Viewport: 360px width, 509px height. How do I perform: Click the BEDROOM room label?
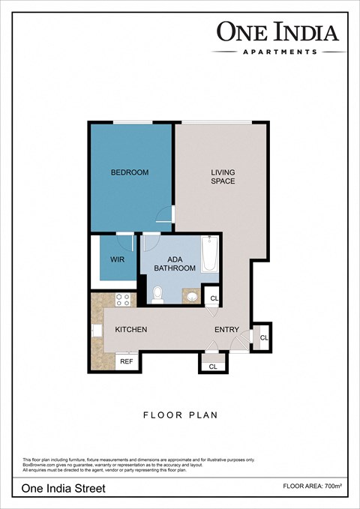(x=130, y=172)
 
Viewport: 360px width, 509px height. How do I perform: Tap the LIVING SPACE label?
(x=222, y=177)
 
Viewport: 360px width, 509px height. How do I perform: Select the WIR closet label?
(x=118, y=260)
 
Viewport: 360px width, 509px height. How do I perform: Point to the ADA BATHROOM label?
(x=175, y=263)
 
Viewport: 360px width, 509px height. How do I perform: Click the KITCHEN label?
(x=130, y=330)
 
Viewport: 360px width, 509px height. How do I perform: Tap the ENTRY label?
(x=226, y=330)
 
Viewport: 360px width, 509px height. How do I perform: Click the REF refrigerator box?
(x=126, y=361)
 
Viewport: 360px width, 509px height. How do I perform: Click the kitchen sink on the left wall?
(x=96, y=330)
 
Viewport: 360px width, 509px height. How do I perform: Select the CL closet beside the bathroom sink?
(x=214, y=298)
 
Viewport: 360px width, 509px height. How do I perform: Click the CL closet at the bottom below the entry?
(x=213, y=366)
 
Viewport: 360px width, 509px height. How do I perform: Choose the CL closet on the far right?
(x=263, y=338)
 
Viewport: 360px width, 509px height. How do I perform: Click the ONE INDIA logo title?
(x=278, y=31)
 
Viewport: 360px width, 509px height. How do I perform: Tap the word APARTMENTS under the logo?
(x=279, y=52)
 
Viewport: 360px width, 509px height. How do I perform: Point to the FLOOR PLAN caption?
(x=180, y=414)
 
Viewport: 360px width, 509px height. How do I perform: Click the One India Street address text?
(x=63, y=488)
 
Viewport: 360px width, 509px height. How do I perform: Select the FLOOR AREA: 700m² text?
(x=313, y=487)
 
